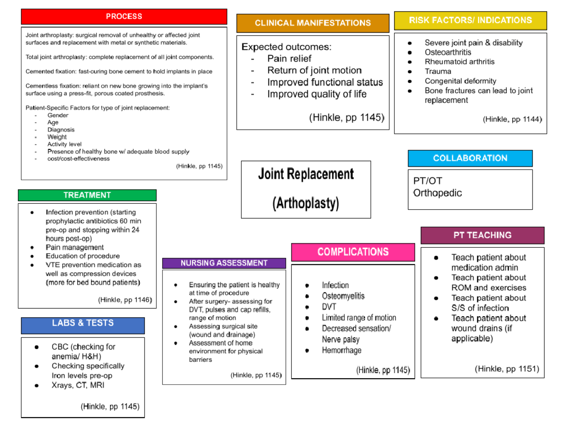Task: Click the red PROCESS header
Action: click(124, 16)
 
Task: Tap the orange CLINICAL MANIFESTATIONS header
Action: click(312, 23)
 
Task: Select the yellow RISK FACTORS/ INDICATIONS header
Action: click(471, 20)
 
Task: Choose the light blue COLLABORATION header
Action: click(470, 158)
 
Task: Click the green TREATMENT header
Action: click(87, 195)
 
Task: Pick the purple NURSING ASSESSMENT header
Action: click(224, 263)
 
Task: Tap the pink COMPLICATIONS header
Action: click(353, 252)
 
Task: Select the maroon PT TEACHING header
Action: click(482, 235)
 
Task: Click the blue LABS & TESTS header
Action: click(83, 323)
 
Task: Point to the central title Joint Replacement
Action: click(306, 174)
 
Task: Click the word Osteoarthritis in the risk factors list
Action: click(448, 52)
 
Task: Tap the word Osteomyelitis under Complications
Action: click(343, 296)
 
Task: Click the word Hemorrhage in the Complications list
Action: click(342, 350)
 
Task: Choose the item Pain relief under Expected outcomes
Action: click(289, 59)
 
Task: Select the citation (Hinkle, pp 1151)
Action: click(507, 369)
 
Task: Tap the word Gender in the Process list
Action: click(58, 115)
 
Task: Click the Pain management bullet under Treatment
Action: click(75, 247)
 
